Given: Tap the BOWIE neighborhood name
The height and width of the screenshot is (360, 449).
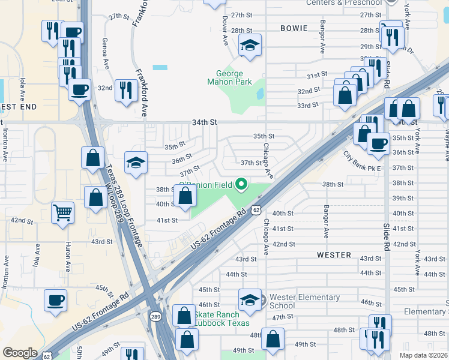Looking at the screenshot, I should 294,28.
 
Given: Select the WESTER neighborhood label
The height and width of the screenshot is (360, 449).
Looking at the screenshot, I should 334,255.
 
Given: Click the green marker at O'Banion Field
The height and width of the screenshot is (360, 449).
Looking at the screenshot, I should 241,184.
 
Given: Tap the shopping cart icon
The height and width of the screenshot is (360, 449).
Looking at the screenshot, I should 62,212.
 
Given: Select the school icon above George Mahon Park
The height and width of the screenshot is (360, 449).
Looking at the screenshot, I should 250,45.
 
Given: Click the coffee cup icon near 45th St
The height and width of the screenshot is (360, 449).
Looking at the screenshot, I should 56,299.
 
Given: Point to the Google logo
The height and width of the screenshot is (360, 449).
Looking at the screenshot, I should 20,353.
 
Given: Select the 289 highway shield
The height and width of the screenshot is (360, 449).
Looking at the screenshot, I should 155,316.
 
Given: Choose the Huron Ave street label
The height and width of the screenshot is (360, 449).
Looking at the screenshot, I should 66,254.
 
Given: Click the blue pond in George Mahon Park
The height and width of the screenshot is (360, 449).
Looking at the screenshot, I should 260,94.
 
